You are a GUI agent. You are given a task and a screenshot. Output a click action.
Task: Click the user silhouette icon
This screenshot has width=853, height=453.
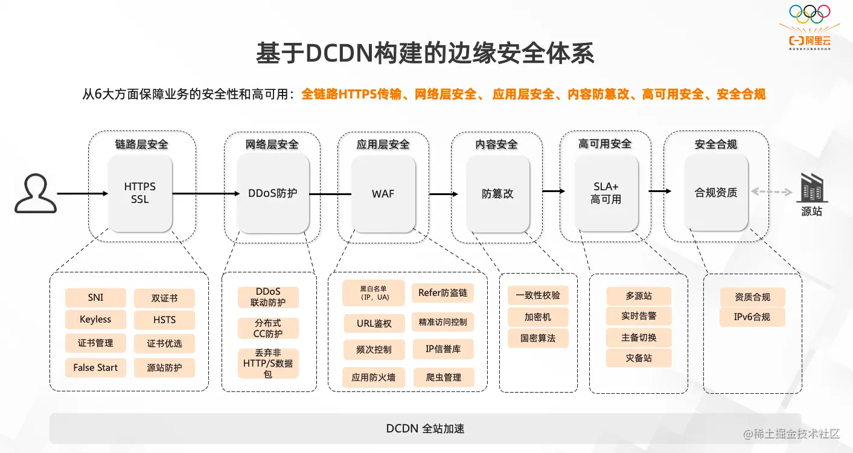tap(36, 193)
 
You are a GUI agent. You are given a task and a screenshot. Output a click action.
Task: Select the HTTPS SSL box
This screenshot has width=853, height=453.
tap(140, 193)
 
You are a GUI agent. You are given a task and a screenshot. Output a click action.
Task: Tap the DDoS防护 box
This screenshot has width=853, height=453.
tap(273, 193)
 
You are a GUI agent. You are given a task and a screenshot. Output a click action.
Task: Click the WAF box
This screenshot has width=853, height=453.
tap(383, 193)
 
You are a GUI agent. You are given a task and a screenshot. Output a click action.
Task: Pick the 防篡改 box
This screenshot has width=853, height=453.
tap(497, 193)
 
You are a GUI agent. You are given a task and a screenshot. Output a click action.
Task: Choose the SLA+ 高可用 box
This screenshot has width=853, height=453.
tap(606, 193)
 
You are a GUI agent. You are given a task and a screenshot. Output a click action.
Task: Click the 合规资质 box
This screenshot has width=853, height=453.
tap(716, 193)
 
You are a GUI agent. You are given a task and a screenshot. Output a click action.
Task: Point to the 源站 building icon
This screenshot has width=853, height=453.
tap(811, 188)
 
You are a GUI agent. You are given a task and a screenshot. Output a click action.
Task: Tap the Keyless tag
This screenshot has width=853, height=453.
tap(95, 320)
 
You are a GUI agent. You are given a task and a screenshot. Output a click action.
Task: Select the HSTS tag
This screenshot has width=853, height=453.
tap(164, 320)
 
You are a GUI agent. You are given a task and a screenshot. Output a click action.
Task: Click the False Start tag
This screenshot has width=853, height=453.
tap(95, 367)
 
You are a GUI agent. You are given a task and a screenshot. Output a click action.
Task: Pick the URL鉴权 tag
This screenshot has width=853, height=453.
tap(374, 323)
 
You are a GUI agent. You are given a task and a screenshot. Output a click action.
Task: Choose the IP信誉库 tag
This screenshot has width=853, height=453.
tap(443, 349)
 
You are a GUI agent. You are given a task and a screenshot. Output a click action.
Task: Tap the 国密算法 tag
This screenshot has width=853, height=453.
tap(538, 338)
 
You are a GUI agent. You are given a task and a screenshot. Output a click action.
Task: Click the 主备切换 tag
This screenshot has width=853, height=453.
tap(639, 338)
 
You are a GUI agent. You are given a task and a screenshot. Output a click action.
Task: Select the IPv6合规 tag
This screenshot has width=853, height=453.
tap(752, 317)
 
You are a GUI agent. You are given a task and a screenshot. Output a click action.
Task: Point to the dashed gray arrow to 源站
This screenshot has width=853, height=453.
tap(772, 192)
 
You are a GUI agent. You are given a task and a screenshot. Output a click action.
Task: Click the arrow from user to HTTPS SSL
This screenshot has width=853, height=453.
tap(82, 193)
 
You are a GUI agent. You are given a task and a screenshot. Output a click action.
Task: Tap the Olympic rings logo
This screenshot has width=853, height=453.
tap(810, 13)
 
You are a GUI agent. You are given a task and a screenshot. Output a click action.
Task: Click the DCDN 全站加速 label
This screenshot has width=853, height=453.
tap(425, 429)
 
